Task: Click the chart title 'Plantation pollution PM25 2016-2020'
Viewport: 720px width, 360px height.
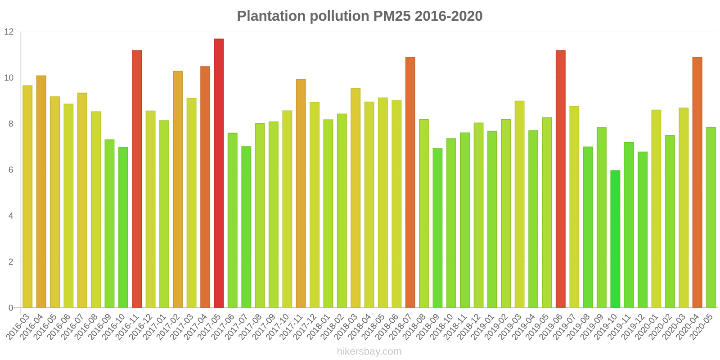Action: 360,16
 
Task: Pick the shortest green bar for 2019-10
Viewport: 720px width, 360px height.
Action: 615,239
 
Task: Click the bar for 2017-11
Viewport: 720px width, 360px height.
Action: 301,193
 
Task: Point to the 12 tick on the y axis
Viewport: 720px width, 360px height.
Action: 9,32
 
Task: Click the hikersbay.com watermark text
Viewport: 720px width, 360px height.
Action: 369,351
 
